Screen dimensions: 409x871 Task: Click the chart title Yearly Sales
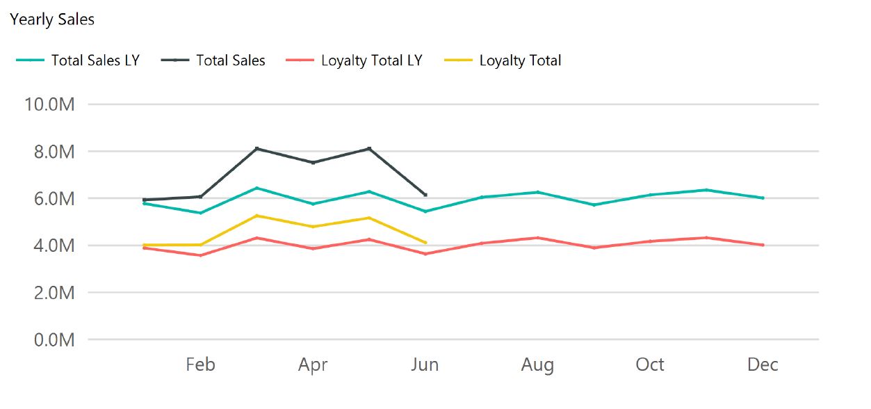pyautogui.click(x=52, y=19)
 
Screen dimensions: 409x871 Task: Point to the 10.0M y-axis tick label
pyautogui.click(x=49, y=104)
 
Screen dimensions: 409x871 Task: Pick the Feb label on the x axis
pyautogui.click(x=200, y=364)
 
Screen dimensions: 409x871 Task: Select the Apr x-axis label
pyautogui.click(x=313, y=364)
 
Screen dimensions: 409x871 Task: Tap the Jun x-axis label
pyautogui.click(x=425, y=364)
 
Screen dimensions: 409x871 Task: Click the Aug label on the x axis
pyautogui.click(x=537, y=364)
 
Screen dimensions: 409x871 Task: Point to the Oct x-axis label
pyautogui.click(x=650, y=364)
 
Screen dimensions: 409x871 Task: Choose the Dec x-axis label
pyautogui.click(x=763, y=364)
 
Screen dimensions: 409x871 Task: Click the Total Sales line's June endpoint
pyautogui.click(x=425, y=195)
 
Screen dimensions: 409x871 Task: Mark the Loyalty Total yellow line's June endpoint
pyautogui.click(x=425, y=242)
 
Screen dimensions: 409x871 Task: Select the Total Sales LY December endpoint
pyautogui.click(x=763, y=198)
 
